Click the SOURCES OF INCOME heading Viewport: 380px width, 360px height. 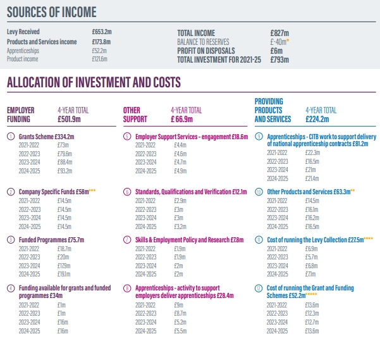pyautogui.click(x=52, y=11)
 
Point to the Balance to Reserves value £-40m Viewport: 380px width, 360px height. pyautogui.click(x=278, y=42)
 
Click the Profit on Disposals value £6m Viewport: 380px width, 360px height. pyautogui.click(x=276, y=51)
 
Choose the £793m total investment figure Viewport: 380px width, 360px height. pyautogui.click(x=279, y=59)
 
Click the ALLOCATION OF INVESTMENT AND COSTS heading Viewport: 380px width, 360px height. pyautogui.click(x=94, y=82)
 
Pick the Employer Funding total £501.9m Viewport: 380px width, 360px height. pyautogui.click(x=73, y=119)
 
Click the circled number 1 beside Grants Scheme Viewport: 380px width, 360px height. pyautogui.click(x=11, y=136)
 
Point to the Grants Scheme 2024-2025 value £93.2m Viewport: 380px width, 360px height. pyautogui.click(x=64, y=171)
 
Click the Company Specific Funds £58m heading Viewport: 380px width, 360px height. pyautogui.click(x=55, y=191)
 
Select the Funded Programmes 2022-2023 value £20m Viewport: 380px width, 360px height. pyautogui.click(x=63, y=258)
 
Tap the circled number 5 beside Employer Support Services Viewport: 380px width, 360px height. pyautogui.click(x=127, y=136)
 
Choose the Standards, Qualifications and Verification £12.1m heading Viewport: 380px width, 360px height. pyautogui.click(x=191, y=191)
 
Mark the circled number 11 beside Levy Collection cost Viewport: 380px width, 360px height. pyautogui.click(x=259, y=240)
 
